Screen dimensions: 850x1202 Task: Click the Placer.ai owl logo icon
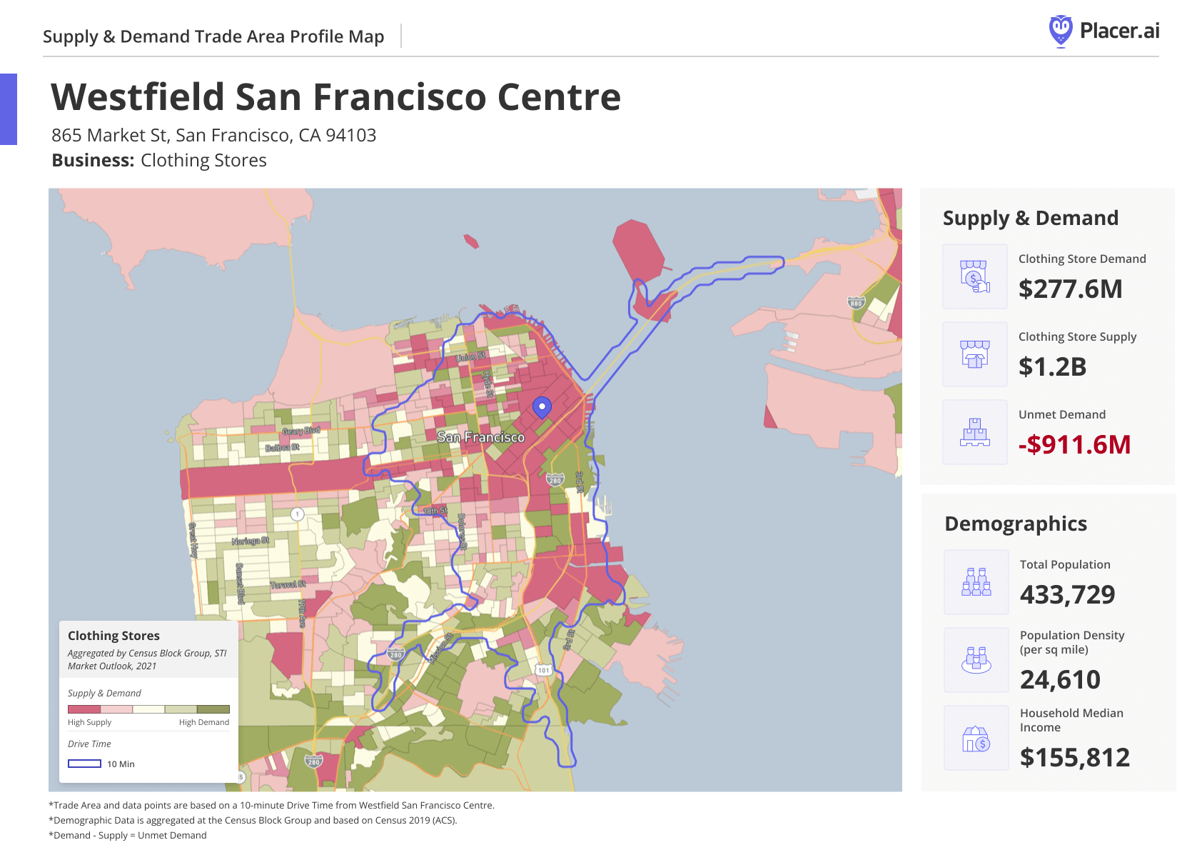1061,31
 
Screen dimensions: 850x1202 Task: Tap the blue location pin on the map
542,407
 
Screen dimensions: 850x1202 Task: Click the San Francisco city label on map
480,437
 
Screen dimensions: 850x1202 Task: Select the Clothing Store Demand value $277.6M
1070,289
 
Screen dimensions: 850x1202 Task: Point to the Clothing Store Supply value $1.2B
1052,367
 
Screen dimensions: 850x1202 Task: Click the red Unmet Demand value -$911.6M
1074,445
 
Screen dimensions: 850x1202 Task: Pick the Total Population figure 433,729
1067,595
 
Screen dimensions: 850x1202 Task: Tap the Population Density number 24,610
1060,680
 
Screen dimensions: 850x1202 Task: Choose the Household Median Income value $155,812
1074,758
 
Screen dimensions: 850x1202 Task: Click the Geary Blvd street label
300,431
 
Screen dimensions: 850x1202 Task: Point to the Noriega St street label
250,541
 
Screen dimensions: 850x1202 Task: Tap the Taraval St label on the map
288,584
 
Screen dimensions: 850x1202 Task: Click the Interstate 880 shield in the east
856,303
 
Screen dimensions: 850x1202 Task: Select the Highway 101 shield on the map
544,670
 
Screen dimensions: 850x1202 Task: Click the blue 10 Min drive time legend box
84,764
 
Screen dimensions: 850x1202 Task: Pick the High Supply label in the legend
89,722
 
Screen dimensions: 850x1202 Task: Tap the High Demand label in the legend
203,722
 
